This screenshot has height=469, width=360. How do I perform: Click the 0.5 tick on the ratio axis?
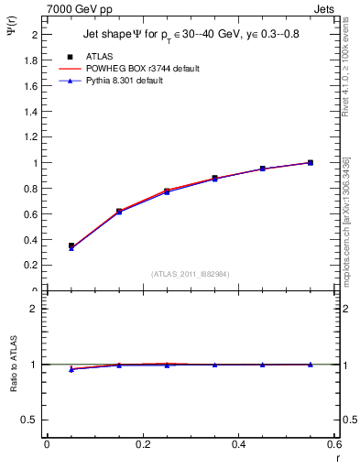30,420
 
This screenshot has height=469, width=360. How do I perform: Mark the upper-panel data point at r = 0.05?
71,245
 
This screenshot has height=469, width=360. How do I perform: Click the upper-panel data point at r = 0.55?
311,162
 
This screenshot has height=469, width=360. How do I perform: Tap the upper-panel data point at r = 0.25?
167,191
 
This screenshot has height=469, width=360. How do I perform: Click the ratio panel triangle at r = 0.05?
71,369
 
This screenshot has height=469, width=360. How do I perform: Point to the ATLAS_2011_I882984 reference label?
191,274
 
